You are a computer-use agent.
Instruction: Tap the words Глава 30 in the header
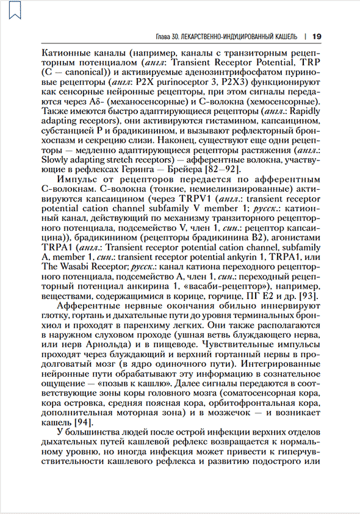point(170,35)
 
